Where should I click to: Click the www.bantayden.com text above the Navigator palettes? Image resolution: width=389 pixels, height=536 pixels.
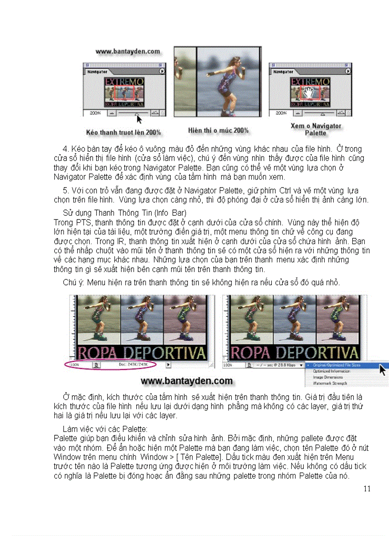click(127, 51)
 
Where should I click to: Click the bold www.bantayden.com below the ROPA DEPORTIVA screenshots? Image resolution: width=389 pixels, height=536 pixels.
click(187, 381)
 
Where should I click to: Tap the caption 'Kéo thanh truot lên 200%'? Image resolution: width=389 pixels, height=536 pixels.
click(123, 132)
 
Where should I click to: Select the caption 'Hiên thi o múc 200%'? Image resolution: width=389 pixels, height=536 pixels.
click(218, 130)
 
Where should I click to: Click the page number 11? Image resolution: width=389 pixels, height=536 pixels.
click(366, 488)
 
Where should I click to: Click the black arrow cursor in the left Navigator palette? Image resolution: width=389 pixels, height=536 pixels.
click(139, 118)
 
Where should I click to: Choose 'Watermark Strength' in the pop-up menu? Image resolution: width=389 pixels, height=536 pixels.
click(330, 383)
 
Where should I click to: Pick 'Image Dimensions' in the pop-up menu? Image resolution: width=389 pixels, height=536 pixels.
click(328, 377)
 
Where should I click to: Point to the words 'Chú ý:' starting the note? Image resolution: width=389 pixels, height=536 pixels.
click(73, 283)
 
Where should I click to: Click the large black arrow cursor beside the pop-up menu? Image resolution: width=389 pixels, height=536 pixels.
click(382, 369)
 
